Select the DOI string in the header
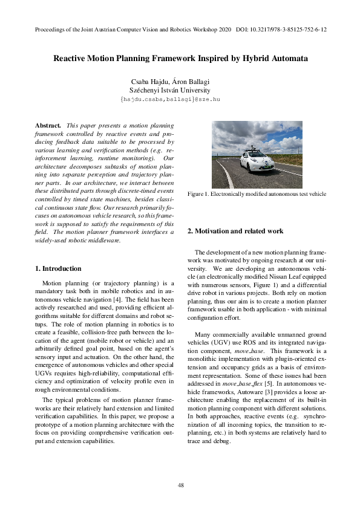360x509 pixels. [x=281, y=29]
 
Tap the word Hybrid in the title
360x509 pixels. [x=250, y=59]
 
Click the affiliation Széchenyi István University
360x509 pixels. [x=180, y=89]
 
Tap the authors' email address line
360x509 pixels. [x=180, y=98]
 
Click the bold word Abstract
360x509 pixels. [x=48, y=124]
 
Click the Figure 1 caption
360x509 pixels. [x=257, y=194]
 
